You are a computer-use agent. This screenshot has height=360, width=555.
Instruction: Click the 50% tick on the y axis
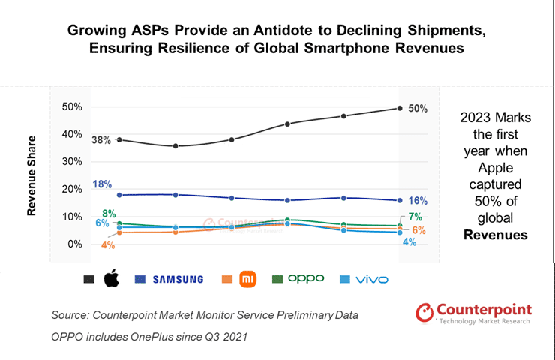(x=72, y=107)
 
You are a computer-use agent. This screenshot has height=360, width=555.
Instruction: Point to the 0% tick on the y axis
(x=75, y=244)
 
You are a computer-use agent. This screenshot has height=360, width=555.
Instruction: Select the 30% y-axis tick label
(x=72, y=162)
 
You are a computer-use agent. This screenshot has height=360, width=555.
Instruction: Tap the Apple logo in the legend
(x=111, y=279)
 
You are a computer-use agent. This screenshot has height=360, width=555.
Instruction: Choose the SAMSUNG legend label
(x=178, y=279)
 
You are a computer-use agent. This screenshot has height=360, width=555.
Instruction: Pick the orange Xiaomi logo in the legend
(x=247, y=279)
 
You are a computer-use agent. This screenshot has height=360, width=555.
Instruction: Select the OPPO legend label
(x=306, y=278)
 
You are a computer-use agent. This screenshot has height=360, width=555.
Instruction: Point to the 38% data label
(x=101, y=140)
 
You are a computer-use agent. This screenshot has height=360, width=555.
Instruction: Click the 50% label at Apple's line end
(x=418, y=109)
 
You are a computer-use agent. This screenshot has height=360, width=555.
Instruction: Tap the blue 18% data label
(x=103, y=184)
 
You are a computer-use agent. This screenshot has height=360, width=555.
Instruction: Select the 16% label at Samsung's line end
(x=418, y=201)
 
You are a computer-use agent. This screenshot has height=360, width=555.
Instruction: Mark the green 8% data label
(x=109, y=214)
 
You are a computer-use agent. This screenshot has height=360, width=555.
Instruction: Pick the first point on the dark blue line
(x=120, y=195)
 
